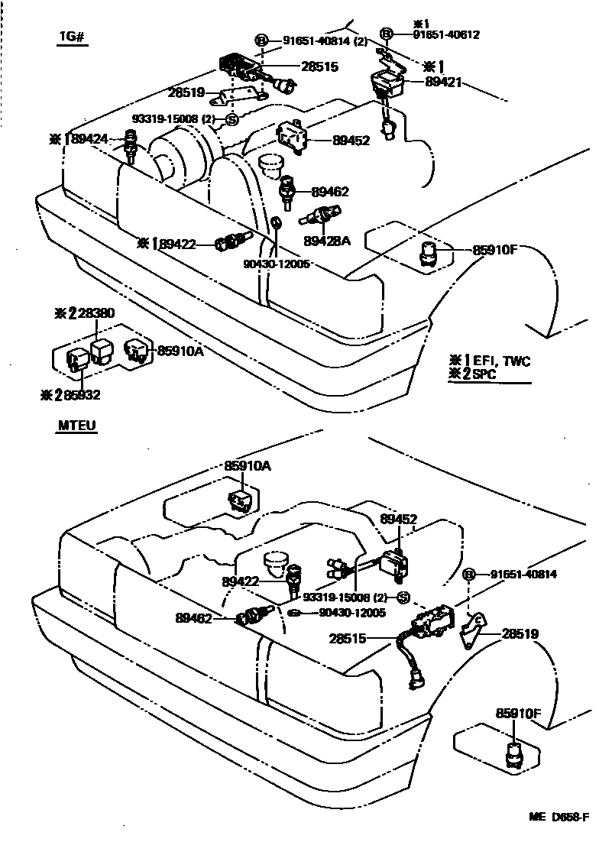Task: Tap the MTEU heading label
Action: [76, 426]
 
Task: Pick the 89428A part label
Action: [326, 241]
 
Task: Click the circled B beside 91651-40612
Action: [387, 34]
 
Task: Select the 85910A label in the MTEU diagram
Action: [247, 465]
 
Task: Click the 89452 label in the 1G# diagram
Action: [351, 140]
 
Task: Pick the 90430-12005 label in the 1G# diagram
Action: [276, 264]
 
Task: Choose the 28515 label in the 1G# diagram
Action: [319, 67]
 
